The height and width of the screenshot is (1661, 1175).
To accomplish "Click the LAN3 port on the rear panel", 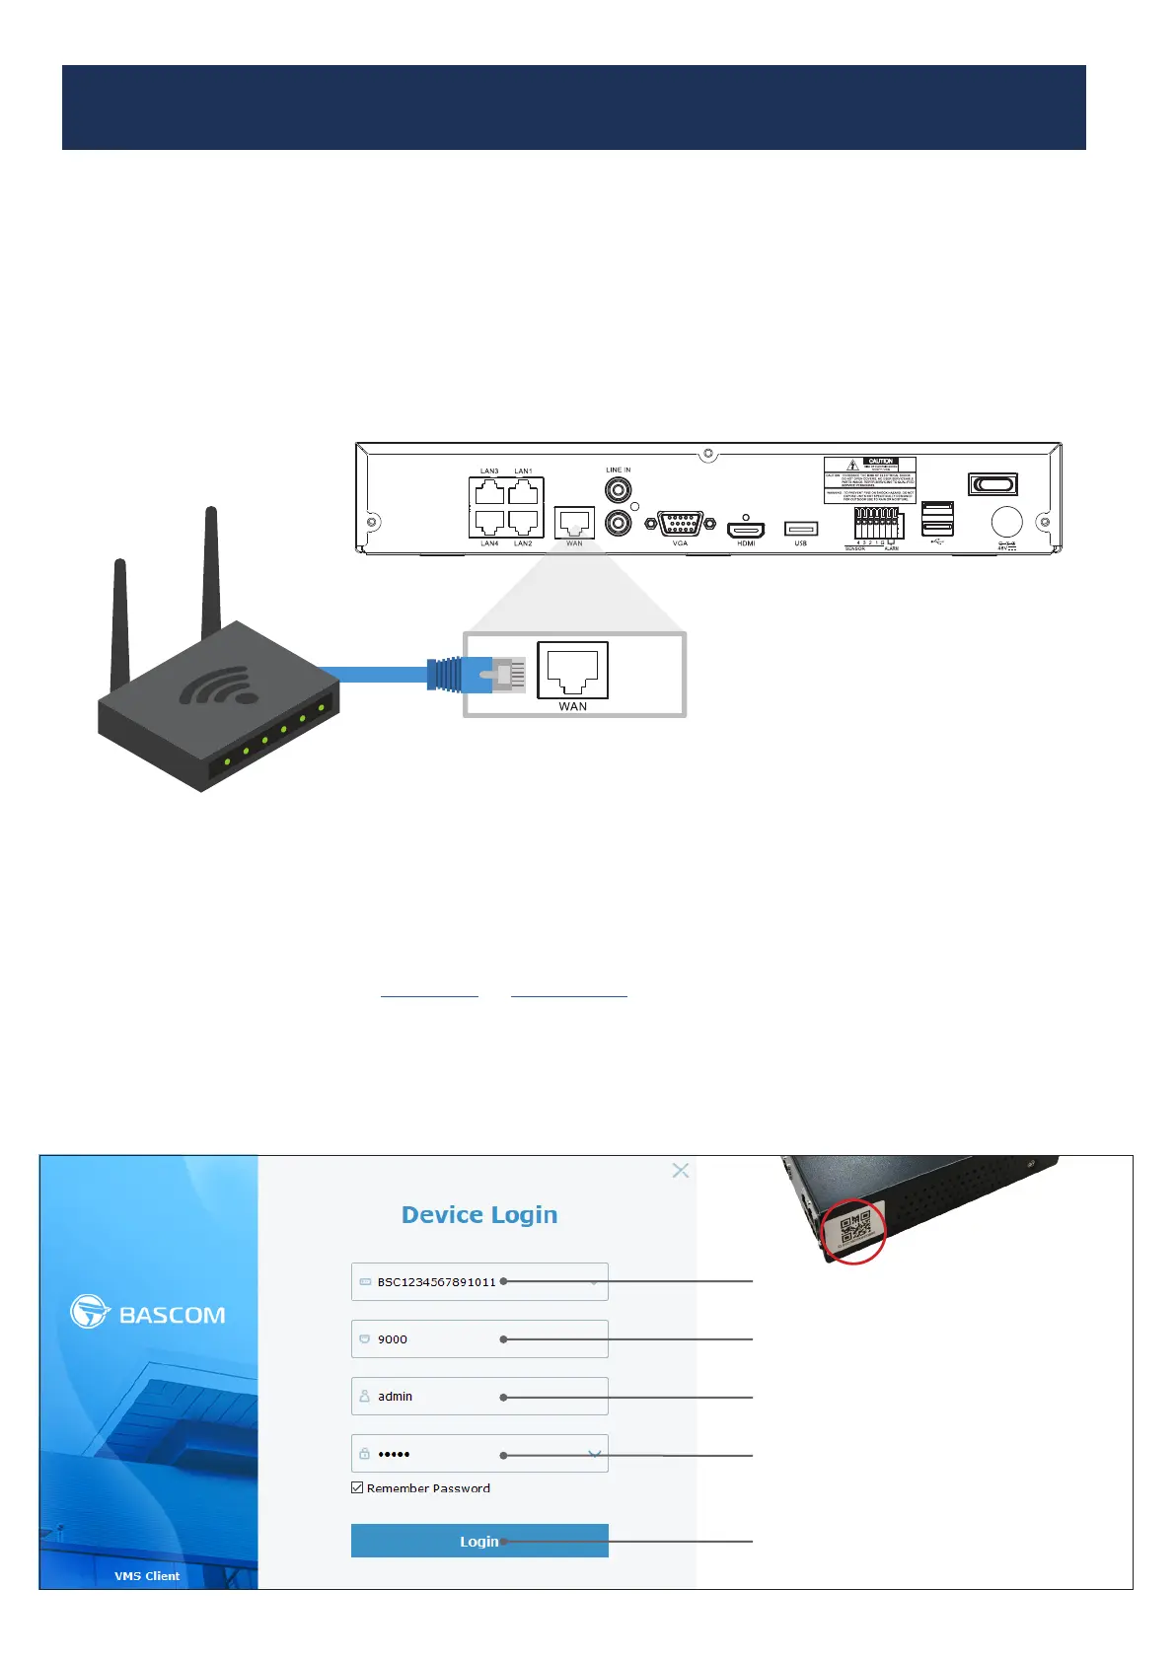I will [489, 491].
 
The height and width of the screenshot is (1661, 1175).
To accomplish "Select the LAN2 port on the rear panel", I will [524, 522].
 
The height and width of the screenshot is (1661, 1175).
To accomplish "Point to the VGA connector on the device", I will [680, 524].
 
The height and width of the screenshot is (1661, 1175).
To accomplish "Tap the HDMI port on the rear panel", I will [746, 530].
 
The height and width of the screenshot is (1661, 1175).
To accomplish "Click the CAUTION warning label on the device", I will [869, 480].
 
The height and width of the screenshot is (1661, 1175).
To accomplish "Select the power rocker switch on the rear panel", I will [992, 484].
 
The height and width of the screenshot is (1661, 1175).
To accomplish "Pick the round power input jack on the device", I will [1006, 522].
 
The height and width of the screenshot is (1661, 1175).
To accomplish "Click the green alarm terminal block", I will [876, 524].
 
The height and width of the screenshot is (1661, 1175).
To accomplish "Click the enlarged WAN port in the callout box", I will [572, 670].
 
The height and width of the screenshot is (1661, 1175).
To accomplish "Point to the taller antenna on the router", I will [210, 572].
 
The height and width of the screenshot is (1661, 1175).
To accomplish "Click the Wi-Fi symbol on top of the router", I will [219, 686].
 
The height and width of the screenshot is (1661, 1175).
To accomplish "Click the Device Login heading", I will [479, 1214].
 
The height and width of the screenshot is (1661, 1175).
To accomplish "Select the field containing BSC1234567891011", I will [479, 1281].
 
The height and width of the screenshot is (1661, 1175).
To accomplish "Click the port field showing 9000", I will [479, 1338].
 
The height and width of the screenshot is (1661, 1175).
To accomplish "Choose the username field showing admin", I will [479, 1396].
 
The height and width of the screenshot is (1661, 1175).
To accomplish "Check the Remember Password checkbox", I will [357, 1487].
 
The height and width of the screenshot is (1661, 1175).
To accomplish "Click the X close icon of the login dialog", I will [680, 1170].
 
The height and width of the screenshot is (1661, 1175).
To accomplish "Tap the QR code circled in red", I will [854, 1231].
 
